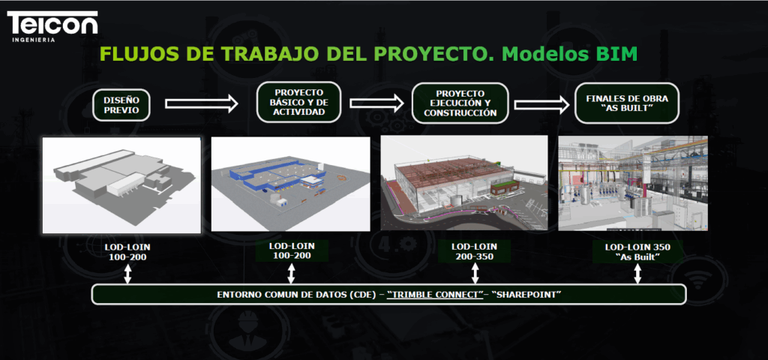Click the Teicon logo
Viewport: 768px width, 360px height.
click(x=52, y=26)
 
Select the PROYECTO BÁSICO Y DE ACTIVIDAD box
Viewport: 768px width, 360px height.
click(x=298, y=102)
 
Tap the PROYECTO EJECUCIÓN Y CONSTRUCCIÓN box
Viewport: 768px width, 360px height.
click(x=460, y=103)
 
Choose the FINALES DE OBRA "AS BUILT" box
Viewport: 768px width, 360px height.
click(x=627, y=103)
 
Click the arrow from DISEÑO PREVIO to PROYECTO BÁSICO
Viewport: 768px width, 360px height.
click(x=201, y=103)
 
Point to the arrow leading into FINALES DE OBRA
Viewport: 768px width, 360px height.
click(x=541, y=103)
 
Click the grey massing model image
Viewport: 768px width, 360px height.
click(x=121, y=185)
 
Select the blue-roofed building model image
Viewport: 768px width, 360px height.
click(x=290, y=184)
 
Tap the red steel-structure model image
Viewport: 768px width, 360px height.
click(x=463, y=183)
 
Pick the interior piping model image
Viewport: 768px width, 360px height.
click(x=633, y=183)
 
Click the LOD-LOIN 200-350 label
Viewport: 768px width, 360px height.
click(x=474, y=251)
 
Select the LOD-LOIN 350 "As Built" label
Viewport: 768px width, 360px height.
click(x=637, y=252)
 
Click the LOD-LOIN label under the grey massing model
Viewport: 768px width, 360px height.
click(x=127, y=252)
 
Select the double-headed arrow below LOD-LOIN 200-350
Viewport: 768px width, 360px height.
click(x=474, y=274)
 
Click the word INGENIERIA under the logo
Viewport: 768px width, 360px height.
click(x=33, y=40)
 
